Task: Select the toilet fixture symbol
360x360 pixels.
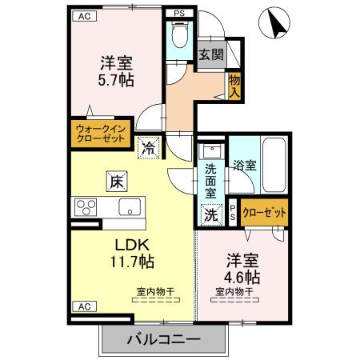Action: click(178, 37)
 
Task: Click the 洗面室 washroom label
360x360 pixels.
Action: click(210, 180)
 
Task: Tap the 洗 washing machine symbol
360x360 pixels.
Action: click(210, 214)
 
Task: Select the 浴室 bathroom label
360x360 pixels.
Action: click(244, 166)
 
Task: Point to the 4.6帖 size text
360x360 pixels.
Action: click(241, 277)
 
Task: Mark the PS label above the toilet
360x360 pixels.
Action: click(178, 13)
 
